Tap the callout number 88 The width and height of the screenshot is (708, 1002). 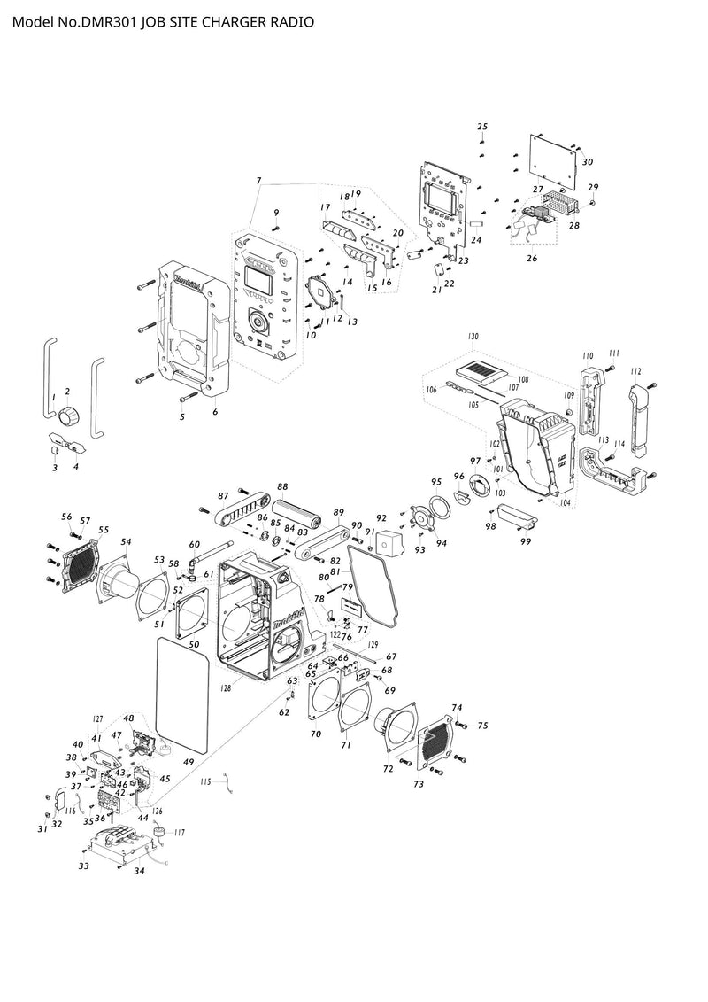point(282,487)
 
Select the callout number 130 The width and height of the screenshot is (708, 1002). point(473,338)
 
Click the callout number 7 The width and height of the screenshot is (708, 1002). point(258,181)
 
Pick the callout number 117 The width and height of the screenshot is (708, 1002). point(179,832)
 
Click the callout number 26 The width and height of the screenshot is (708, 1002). point(532,259)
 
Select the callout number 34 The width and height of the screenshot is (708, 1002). point(139,872)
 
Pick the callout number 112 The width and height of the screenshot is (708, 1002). point(635,371)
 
